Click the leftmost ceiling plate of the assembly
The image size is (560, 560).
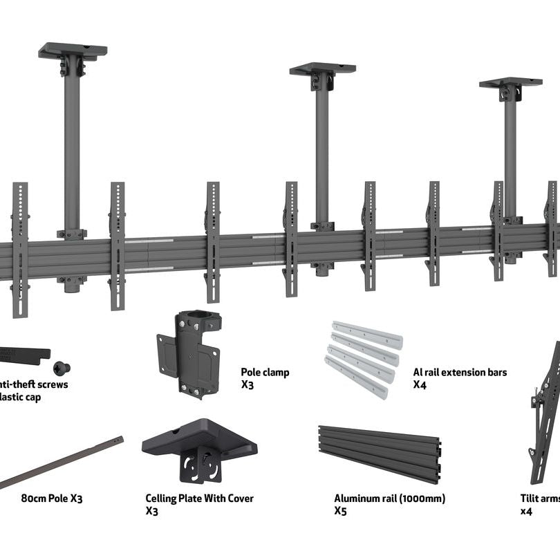coord(73,51)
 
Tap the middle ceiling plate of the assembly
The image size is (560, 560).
coord(322,68)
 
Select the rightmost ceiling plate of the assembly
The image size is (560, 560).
coord(510,82)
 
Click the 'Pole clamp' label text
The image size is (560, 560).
coord(265,372)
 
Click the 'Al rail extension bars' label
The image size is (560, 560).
coord(460,372)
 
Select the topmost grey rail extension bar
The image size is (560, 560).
coord(367,334)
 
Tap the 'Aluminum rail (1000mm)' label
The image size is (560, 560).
coord(389,498)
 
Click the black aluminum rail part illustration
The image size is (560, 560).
coord(379,453)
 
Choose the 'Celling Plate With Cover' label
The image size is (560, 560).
coord(199,498)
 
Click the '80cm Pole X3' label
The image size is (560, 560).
coord(52,498)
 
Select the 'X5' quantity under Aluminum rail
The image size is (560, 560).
coord(340,511)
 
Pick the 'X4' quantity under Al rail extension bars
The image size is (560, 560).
coord(420,384)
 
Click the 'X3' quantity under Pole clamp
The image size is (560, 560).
coord(247,384)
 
